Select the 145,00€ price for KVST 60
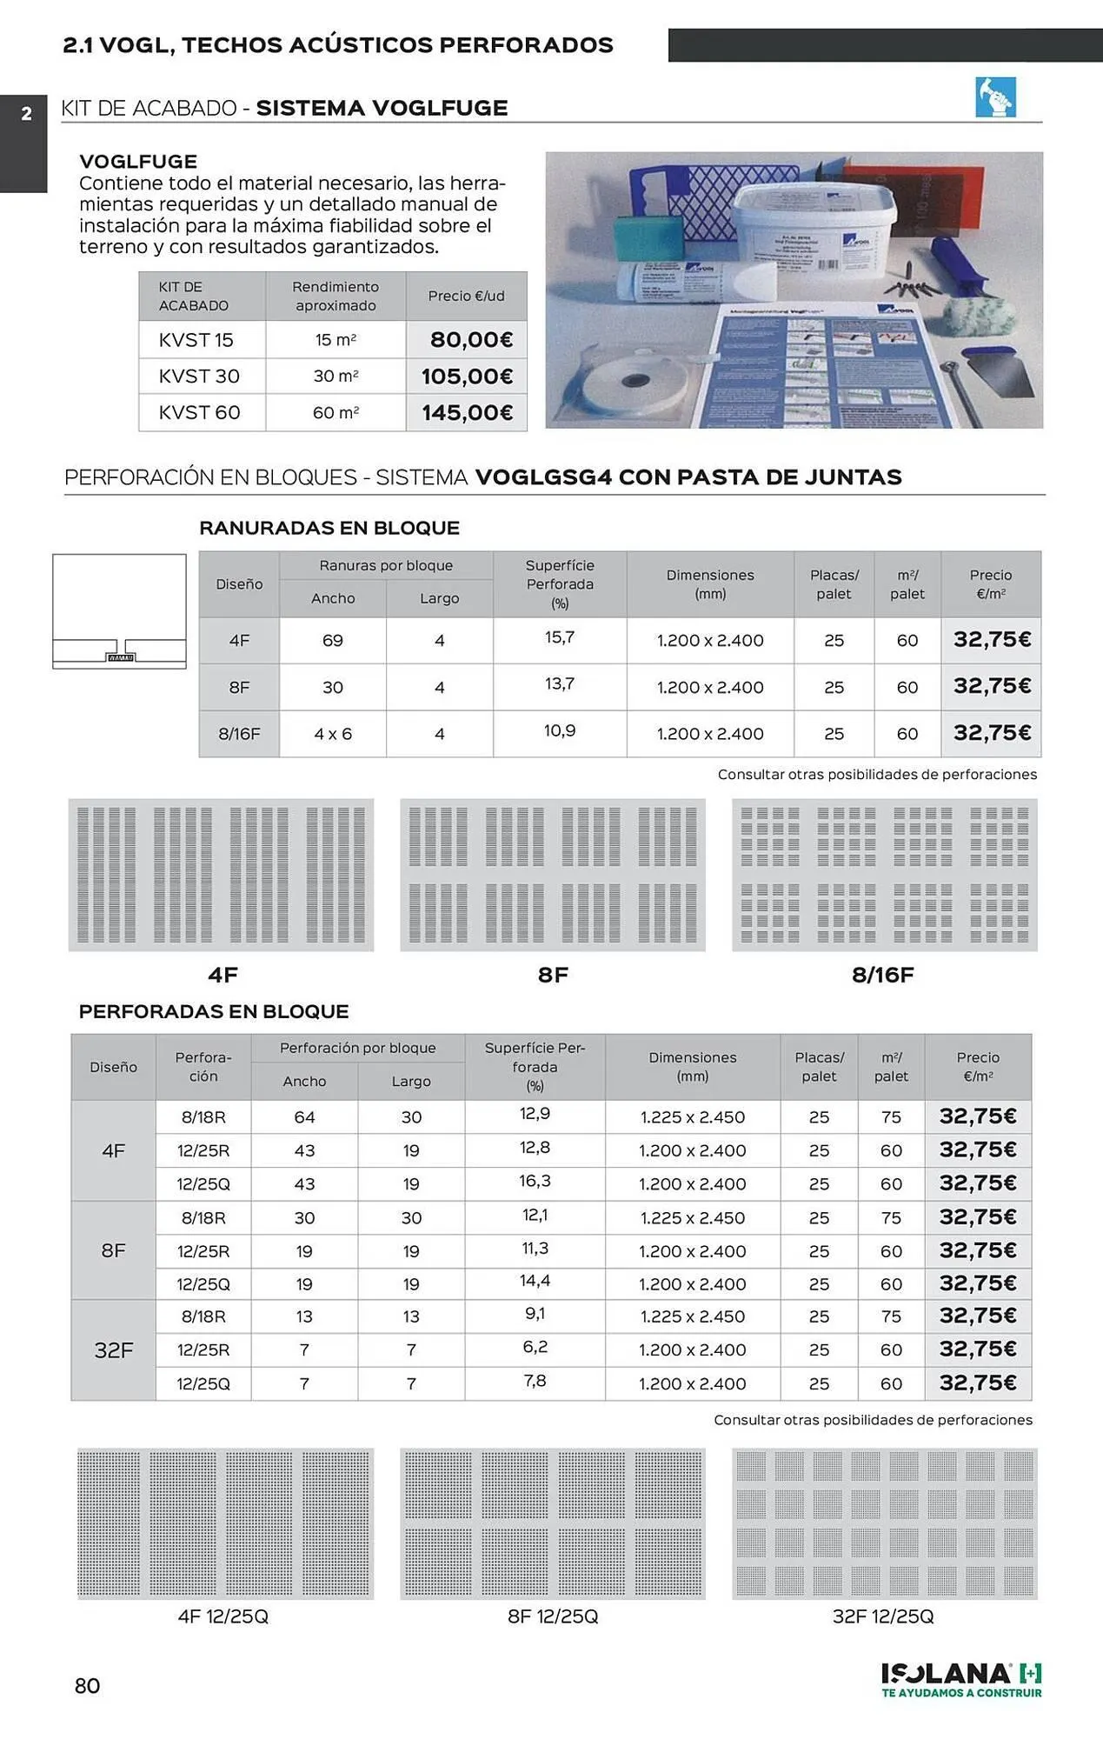[468, 413]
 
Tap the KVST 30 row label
[199, 376]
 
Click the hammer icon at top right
[995, 97]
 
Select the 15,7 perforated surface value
[560, 638]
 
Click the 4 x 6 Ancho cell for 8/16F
[333, 734]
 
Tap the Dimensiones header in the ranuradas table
[710, 584]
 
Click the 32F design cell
[114, 1350]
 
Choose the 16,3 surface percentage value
[535, 1182]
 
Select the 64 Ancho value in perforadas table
[304, 1117]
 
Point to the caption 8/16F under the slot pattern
[883, 975]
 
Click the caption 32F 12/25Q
[883, 1616]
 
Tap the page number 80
[88, 1686]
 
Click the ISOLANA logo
[961, 1679]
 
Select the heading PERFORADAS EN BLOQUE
[214, 1011]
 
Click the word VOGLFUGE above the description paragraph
[138, 162]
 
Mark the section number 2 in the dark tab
[26, 114]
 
